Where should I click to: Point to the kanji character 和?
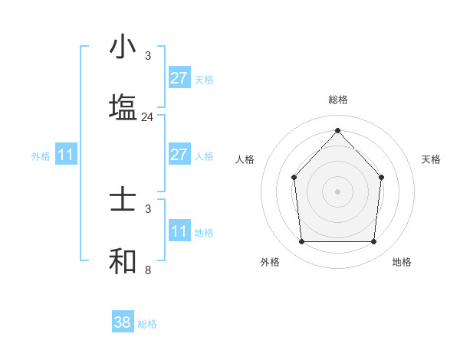[123, 261]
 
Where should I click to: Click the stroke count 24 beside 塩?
[148, 117]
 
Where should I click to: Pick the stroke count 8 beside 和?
[148, 270]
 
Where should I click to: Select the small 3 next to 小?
[148, 56]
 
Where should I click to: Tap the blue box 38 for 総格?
[123, 322]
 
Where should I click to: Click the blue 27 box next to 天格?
[179, 78]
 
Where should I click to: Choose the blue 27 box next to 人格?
[179, 155]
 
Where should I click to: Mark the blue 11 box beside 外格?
[66, 155]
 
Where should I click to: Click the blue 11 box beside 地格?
[179, 231]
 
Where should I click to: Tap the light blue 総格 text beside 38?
[147, 324]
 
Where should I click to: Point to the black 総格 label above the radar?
[338, 100]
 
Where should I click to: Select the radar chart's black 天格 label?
[431, 159]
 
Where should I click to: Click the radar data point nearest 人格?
[294, 178]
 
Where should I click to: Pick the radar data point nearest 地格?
[374, 242]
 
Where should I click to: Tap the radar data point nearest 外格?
[301, 242]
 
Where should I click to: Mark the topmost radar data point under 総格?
[338, 130]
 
